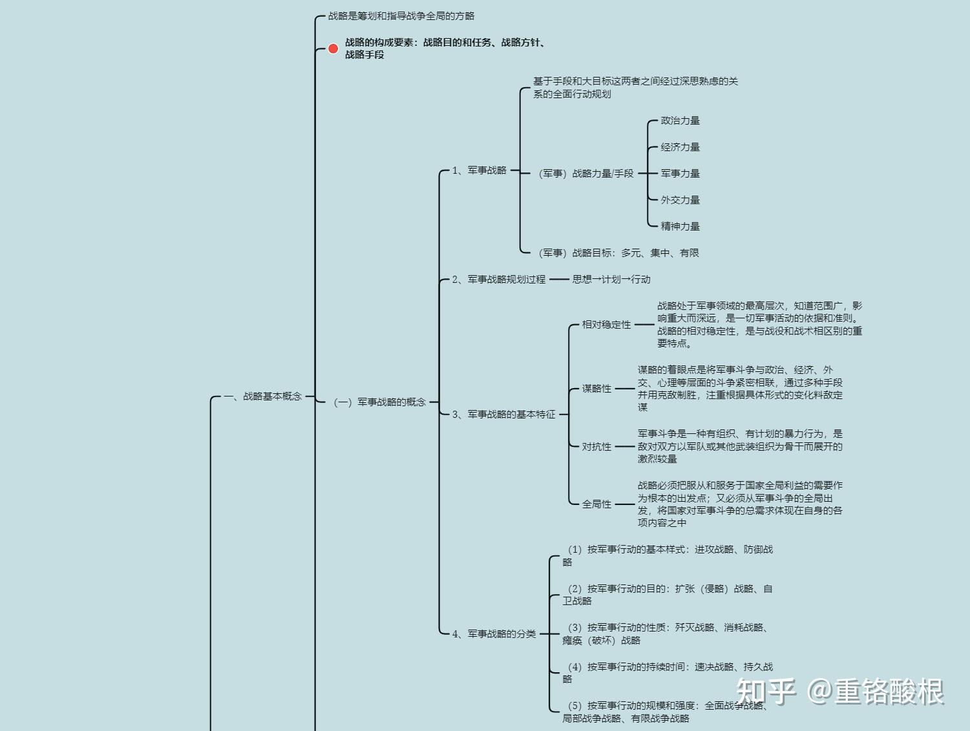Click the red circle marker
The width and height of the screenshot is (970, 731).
click(333, 48)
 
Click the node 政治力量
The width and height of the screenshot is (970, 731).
click(680, 121)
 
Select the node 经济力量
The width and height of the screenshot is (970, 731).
click(680, 147)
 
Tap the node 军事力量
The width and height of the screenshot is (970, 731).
click(680, 174)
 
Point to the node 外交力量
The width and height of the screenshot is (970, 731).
click(680, 200)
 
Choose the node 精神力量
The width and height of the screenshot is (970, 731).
click(680, 227)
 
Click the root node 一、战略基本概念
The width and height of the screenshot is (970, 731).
click(263, 396)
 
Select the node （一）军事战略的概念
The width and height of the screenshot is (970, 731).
click(379, 402)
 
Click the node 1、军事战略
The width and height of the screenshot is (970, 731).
click(479, 170)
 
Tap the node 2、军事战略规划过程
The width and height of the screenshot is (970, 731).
click(498, 280)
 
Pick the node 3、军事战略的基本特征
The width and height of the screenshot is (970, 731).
click(503, 415)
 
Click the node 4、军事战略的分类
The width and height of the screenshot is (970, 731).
click(494, 634)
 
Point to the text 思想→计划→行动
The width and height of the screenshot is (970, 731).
click(611, 280)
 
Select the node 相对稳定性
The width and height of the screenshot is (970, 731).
click(606, 325)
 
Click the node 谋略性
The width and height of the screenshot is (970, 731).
click(596, 389)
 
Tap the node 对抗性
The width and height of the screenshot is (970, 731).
click(596, 447)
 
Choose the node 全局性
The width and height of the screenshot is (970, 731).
click(596, 504)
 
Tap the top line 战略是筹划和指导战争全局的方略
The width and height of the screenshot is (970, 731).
click(401, 16)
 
